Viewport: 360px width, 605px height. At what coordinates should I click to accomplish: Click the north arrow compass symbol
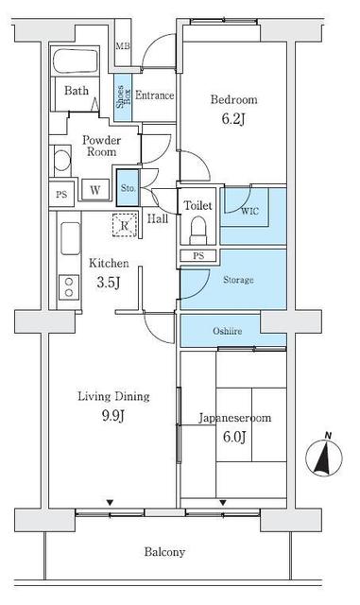pos(324,458)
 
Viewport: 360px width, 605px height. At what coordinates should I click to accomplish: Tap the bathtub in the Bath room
pos(80,63)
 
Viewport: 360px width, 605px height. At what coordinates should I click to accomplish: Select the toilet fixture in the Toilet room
pos(198,229)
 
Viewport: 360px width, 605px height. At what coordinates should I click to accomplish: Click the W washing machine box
pos(95,190)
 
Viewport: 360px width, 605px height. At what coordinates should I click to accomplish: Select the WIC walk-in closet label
pos(249,212)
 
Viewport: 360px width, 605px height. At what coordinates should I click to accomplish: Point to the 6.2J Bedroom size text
pos(234,118)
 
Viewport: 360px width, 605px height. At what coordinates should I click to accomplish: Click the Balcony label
pos(164,552)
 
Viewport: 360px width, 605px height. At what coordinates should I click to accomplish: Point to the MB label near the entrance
pos(122,46)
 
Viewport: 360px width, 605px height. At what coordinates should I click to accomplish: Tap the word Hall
pos(158,218)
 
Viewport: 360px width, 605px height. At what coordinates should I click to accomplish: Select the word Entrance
pos(153,95)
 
